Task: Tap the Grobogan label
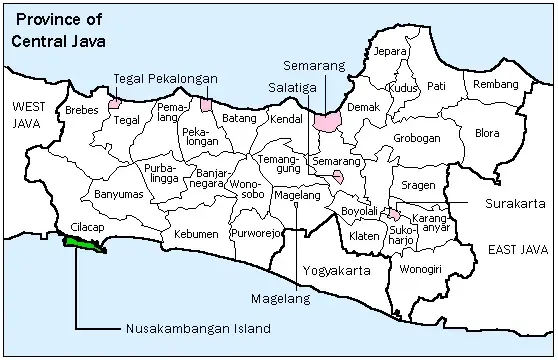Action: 417,139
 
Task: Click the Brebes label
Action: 82,110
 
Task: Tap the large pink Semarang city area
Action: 327,121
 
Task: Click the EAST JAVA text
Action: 509,247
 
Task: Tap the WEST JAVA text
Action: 30,114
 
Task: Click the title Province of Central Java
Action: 57,29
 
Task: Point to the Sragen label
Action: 417,186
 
